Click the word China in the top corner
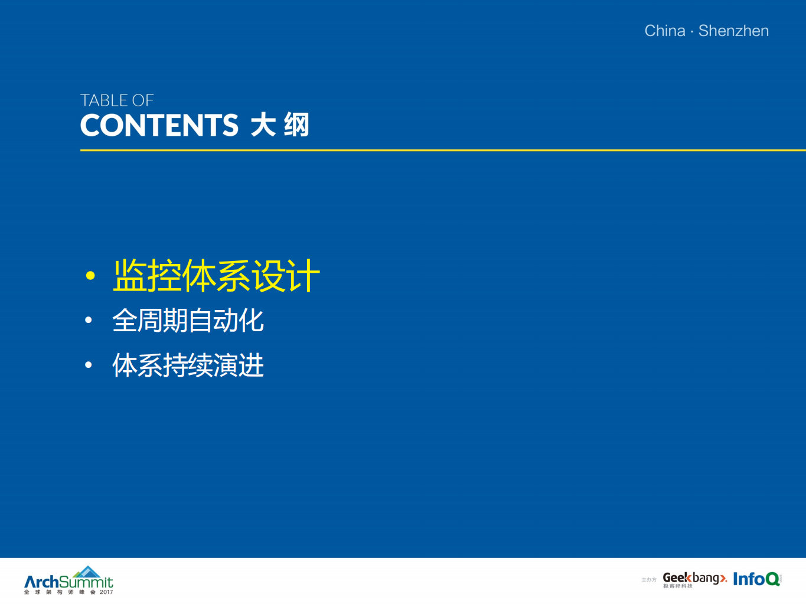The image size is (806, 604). [664, 31]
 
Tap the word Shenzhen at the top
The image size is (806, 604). [733, 31]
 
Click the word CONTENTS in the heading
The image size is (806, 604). [159, 126]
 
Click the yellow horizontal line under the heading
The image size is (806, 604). [443, 151]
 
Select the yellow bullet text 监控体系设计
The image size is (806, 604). [216, 276]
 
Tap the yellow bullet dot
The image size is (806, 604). [90, 275]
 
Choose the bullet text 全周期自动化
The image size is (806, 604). [188, 321]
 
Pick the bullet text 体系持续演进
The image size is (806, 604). [188, 365]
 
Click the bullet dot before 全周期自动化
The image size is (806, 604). [89, 321]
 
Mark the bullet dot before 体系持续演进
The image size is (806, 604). [89, 365]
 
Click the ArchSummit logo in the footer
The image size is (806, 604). [68, 582]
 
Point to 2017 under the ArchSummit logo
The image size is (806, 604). [106, 592]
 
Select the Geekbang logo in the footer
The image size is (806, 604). [694, 579]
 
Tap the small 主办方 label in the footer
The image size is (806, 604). [649, 580]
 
